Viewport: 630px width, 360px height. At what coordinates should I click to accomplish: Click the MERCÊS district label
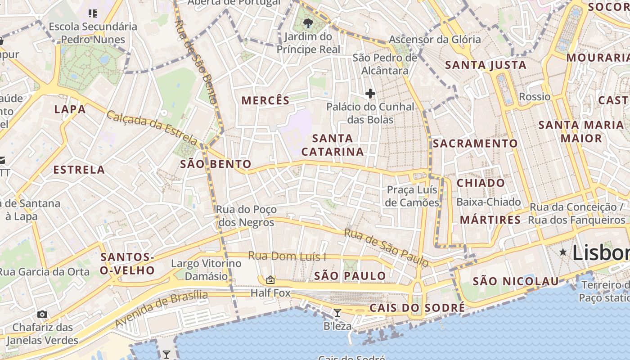[265, 100]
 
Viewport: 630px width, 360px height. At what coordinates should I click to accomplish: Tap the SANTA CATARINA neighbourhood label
[333, 145]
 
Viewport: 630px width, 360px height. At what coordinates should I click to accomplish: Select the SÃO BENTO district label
[216, 164]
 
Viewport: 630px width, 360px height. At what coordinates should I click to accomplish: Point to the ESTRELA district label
[79, 170]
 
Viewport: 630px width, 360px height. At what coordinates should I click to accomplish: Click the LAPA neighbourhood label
[70, 109]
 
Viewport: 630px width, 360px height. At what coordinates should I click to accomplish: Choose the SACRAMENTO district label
[475, 144]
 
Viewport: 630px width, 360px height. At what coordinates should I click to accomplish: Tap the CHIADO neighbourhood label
[481, 183]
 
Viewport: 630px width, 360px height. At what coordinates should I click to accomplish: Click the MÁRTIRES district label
[490, 220]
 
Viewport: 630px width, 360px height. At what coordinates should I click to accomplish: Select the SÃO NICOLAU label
[516, 282]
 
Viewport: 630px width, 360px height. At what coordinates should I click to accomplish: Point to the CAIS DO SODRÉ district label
[417, 308]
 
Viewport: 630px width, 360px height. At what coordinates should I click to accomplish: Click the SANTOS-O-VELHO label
[127, 264]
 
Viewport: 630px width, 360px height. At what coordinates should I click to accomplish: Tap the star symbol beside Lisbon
[563, 252]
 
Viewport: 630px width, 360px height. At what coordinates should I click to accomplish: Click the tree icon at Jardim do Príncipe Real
[308, 23]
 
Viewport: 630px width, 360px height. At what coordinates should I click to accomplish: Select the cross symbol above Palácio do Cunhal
[370, 94]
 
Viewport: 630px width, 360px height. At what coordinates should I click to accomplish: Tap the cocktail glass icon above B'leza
[337, 312]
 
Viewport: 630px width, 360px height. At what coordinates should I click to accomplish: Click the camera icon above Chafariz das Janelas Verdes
[42, 314]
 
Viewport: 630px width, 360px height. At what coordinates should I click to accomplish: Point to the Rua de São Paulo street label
[386, 247]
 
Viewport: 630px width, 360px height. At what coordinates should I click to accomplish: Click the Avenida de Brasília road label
[161, 309]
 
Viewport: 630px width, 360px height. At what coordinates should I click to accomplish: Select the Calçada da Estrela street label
[152, 128]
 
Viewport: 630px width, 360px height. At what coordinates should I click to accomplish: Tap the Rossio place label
[535, 97]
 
